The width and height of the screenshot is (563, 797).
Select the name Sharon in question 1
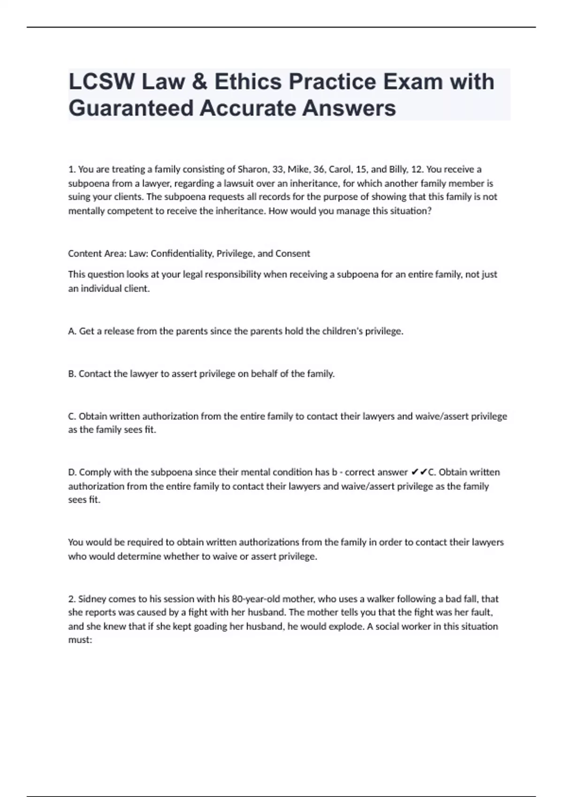pyautogui.click(x=253, y=169)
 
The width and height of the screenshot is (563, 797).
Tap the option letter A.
pyautogui.click(x=72, y=331)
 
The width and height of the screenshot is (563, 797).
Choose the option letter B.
pyautogui.click(x=72, y=374)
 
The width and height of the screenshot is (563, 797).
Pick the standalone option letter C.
pyautogui.click(x=72, y=416)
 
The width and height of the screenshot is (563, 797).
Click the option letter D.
pyautogui.click(x=72, y=473)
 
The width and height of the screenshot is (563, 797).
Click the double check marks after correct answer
pyautogui.click(x=418, y=473)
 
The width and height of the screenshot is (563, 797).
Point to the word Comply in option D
pyautogui.click(x=93, y=473)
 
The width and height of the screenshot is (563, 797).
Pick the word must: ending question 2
pyautogui.click(x=80, y=640)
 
